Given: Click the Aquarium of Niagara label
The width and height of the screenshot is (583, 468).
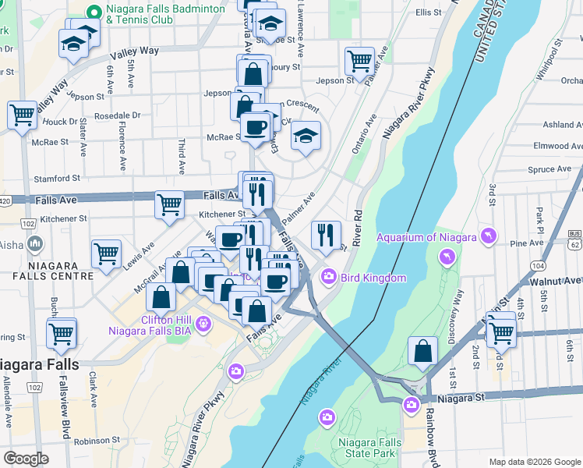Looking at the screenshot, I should [x=427, y=237].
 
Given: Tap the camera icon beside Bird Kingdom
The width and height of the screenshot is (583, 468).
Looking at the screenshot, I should [x=329, y=277].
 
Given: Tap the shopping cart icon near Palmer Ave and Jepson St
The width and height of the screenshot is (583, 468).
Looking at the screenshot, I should [x=359, y=60].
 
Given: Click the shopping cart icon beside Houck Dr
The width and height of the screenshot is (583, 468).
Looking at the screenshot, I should [x=22, y=115].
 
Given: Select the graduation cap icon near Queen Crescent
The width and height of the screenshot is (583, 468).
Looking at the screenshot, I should [x=306, y=136].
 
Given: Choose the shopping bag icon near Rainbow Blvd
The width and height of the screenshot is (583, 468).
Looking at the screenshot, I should [x=422, y=351].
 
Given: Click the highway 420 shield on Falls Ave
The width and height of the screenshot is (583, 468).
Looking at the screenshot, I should [x=5, y=200].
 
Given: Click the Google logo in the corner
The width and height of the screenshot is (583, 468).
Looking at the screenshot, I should [x=26, y=459].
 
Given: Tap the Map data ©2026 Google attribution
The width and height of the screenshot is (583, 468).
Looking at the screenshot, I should [x=534, y=462].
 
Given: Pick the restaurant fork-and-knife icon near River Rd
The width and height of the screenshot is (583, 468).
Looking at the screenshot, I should [x=326, y=233].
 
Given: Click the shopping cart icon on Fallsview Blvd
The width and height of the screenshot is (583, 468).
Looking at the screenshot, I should [x=62, y=333].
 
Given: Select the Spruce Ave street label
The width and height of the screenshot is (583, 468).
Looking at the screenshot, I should [x=550, y=169].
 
